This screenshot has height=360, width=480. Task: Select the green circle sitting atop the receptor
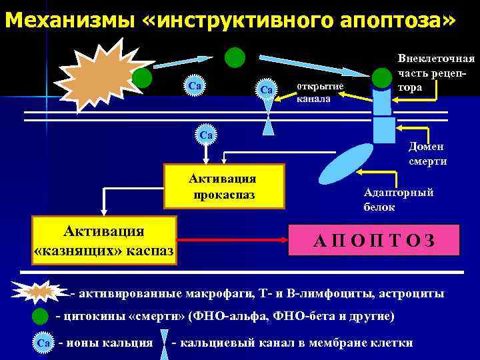coord(382,78)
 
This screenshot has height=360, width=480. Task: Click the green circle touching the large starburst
coord(141,78)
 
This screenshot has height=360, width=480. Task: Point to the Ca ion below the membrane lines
coord(206,135)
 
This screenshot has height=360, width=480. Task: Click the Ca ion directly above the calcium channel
coord(267,89)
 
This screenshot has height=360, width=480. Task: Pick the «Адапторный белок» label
coord(399,199)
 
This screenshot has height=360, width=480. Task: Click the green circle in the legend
coord(40,315)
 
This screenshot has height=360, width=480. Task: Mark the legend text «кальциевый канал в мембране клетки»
coord(293,343)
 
